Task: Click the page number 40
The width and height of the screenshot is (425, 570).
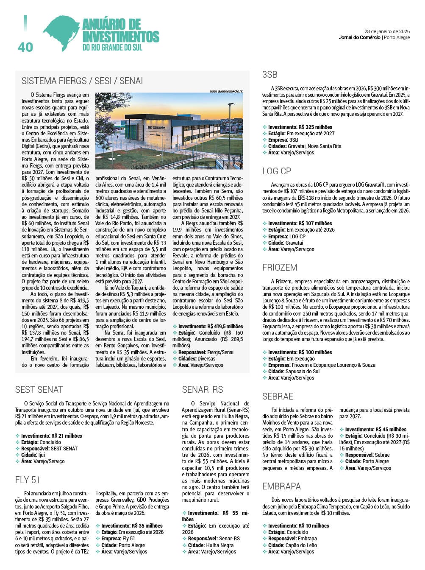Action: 25,47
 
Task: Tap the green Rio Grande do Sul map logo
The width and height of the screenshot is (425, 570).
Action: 62,32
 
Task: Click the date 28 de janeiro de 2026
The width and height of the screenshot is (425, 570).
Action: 387,31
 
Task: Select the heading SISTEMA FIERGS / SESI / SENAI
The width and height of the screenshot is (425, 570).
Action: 82,81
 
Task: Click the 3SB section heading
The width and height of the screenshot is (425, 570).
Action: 269,75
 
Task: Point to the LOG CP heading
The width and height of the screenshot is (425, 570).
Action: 277,171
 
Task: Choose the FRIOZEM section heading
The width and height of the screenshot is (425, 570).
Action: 280,268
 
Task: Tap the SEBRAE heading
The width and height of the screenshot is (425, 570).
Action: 278,396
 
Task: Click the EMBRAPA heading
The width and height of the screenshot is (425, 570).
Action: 281,486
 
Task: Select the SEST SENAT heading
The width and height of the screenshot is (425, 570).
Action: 39,389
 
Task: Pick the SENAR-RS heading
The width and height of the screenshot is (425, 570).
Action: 203,389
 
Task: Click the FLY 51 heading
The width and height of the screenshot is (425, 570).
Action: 28,480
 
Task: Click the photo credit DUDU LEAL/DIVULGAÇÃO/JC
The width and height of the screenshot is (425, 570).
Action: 226,91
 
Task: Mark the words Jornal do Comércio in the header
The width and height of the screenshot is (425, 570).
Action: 359,37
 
